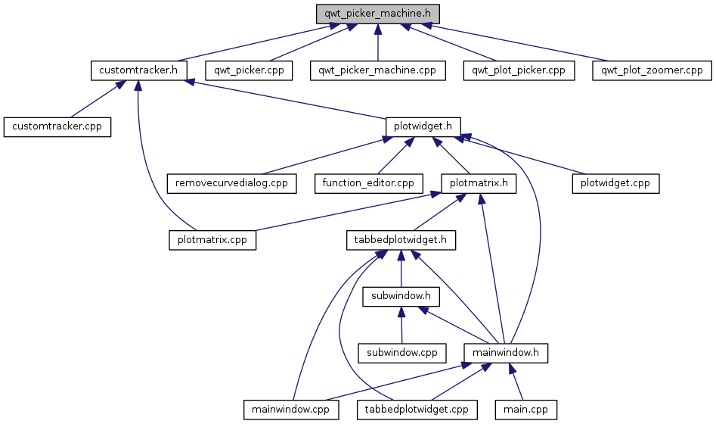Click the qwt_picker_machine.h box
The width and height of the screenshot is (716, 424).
coord(378,14)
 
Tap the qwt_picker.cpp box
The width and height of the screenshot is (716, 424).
coord(249,70)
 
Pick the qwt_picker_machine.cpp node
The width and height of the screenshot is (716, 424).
coord(377,70)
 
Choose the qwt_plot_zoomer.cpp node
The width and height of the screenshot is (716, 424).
coord(652,70)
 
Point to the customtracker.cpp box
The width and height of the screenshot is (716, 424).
coord(57,126)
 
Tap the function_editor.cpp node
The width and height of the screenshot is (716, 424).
coord(368,183)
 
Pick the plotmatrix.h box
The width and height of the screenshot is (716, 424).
coord(478,183)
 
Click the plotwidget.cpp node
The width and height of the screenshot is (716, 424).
coord(615,183)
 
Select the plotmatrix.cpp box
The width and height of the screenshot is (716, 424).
coord(212,240)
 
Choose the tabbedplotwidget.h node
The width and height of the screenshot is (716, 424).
coord(401,240)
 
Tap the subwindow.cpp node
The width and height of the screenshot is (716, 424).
coord(401,353)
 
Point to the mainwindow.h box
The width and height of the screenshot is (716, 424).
coord(505,353)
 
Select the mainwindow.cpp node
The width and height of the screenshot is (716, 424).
coord(290,410)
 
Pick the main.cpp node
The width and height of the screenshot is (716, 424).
coord(525,410)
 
